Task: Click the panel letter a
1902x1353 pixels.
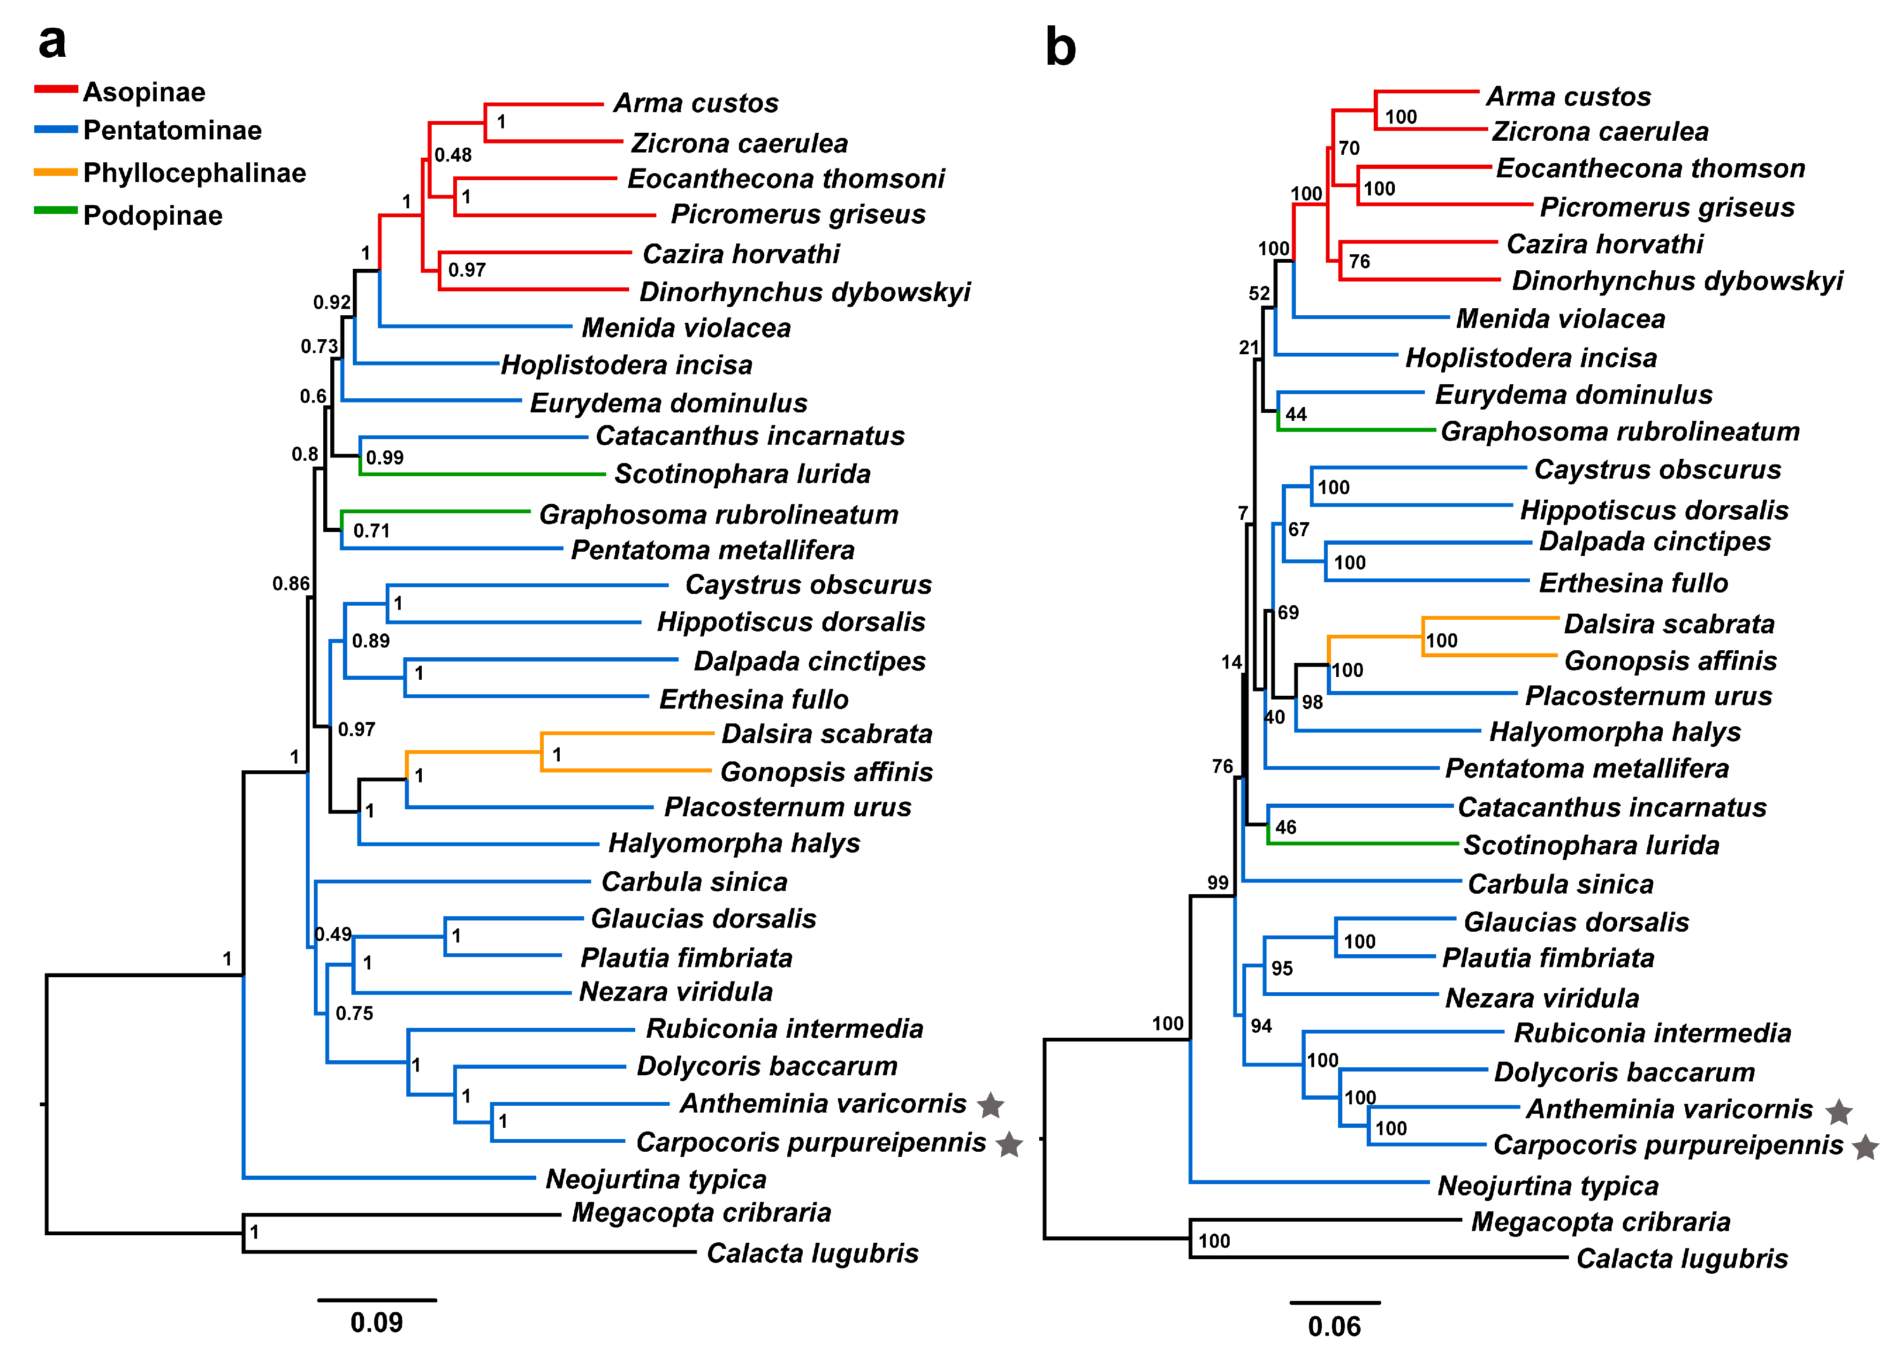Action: pyautogui.click(x=52, y=42)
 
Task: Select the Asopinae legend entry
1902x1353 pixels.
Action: pyautogui.click(x=143, y=91)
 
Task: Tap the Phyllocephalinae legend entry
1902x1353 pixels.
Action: pyautogui.click(x=194, y=173)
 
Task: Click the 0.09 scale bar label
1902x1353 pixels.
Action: pyautogui.click(x=377, y=1322)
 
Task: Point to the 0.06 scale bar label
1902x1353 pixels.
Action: pyautogui.click(x=1334, y=1325)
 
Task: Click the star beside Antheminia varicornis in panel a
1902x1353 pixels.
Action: pyautogui.click(x=990, y=1106)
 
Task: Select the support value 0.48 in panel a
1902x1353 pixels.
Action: pyautogui.click(x=453, y=155)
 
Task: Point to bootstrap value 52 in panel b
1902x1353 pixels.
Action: pyautogui.click(x=1259, y=293)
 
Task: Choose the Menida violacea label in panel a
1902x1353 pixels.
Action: pyautogui.click(x=685, y=327)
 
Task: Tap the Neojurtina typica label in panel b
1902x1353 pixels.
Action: pyautogui.click(x=1548, y=1186)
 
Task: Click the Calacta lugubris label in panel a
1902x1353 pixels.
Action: pyautogui.click(x=812, y=1253)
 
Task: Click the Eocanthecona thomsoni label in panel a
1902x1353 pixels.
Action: pyautogui.click(x=786, y=178)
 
